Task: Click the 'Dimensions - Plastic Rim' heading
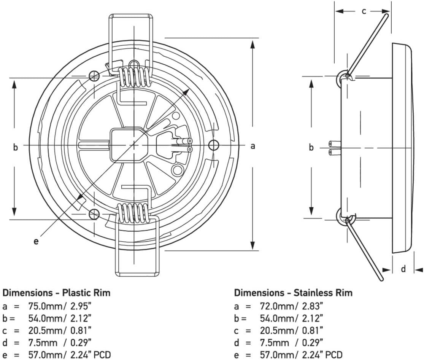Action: click(x=57, y=293)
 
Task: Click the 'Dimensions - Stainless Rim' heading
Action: click(x=294, y=293)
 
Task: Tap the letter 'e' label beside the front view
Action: click(x=36, y=241)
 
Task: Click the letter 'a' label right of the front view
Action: click(x=253, y=146)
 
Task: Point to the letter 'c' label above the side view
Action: click(x=364, y=11)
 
